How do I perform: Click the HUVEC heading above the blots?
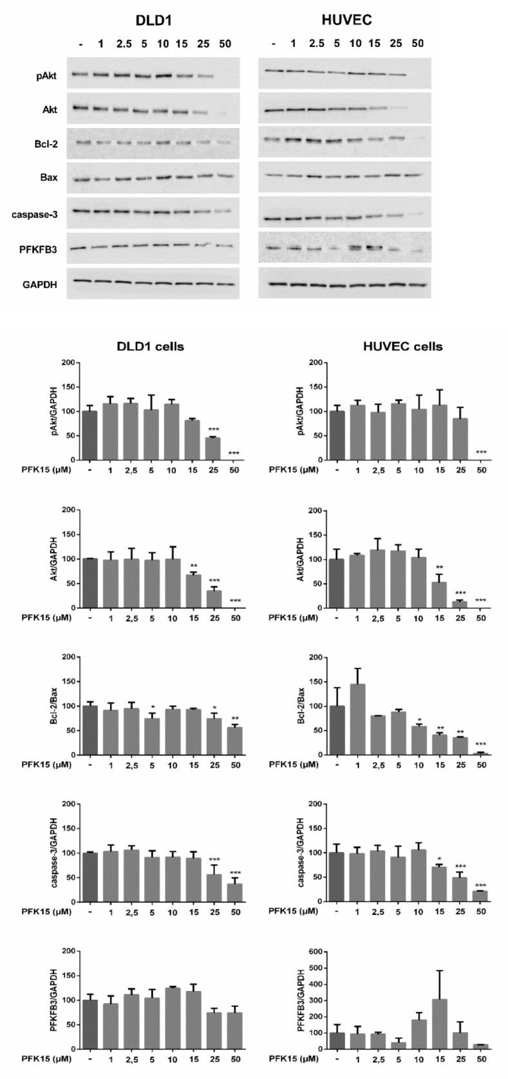346,21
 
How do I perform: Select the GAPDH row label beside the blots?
42,282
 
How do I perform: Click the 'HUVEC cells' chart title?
400,347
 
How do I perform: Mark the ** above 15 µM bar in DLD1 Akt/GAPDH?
193,566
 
